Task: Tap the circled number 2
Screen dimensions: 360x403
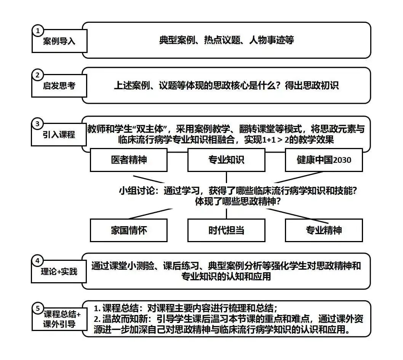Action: [37, 75]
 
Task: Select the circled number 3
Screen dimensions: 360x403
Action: [37, 124]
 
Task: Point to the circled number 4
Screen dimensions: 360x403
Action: [37, 261]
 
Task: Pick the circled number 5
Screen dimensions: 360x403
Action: [37, 308]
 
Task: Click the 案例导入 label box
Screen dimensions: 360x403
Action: [59, 41]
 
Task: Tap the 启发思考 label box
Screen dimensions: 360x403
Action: [59, 86]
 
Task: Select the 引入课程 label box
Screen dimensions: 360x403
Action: [59, 135]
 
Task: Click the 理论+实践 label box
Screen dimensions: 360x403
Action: [59, 272]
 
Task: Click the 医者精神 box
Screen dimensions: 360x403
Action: [129, 160]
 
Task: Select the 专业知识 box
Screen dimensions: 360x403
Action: [226, 160]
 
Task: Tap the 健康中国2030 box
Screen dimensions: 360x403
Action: [324, 160]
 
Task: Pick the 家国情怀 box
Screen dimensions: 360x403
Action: [129, 230]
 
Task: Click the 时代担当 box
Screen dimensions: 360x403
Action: [226, 230]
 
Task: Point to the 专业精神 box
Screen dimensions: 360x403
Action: [324, 230]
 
